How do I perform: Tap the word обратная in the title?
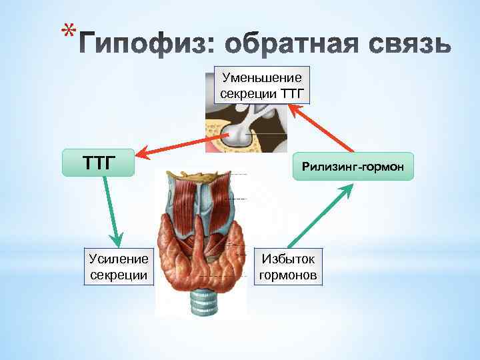280,45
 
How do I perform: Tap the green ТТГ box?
98,161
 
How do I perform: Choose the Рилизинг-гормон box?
353,166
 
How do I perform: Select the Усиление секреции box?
118,267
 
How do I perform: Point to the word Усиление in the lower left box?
118,259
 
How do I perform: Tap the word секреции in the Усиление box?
118,275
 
